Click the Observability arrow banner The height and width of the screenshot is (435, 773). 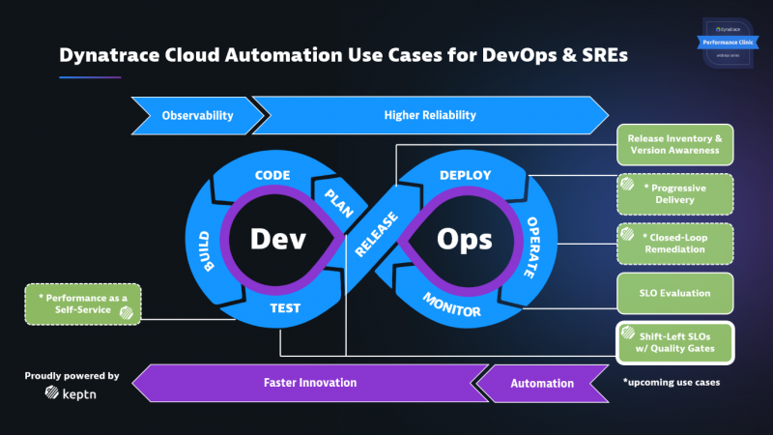(196, 115)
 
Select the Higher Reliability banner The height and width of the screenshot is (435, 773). (430, 115)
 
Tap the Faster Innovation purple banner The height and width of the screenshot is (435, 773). (309, 383)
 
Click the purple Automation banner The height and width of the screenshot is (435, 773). (542, 383)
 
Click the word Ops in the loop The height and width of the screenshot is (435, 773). (464, 238)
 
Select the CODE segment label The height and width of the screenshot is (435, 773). (272, 176)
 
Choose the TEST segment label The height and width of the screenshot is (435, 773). (284, 309)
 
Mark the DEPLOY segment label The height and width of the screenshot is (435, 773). (466, 175)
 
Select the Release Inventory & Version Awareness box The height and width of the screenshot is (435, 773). (674, 144)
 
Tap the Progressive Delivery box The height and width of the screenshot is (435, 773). (674, 193)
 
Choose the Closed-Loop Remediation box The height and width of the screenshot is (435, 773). (674, 243)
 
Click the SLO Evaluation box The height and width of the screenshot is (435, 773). (674, 293)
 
